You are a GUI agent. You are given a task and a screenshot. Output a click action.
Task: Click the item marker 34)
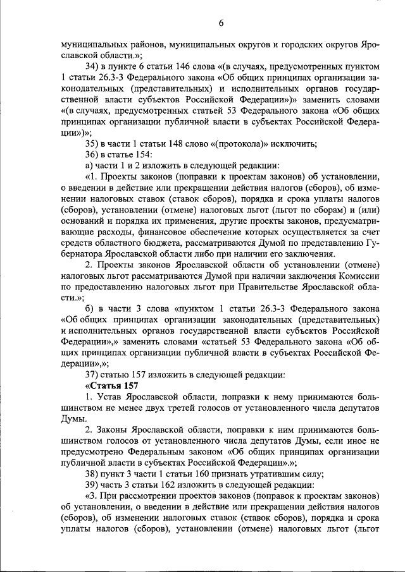pos(93,66)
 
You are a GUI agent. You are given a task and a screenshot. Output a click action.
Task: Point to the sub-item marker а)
pos(89,164)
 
